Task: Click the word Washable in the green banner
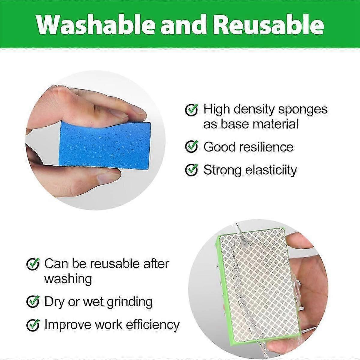[96, 25]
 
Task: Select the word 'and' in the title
[184, 25]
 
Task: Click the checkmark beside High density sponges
[192, 110]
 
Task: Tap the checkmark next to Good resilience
[192, 147]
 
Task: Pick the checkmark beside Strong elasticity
[192, 170]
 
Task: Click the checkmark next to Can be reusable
[33, 264]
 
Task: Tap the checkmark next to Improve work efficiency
[33, 325]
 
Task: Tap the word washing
[68, 279]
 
